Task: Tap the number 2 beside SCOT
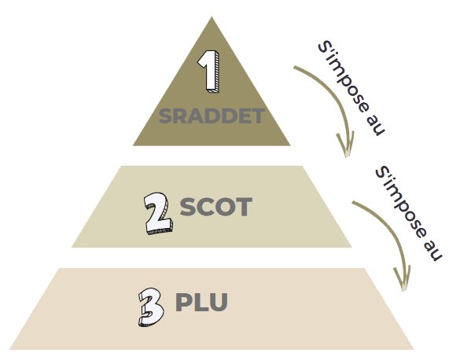pos(158,213)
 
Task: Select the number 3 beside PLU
pos(151,307)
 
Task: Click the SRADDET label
pos(212,116)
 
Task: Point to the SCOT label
pos(216,207)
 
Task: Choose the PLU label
pos(201,302)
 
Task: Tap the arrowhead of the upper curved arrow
pos(346,146)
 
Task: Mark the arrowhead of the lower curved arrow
pos(403,279)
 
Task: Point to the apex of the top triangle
pos(212,17)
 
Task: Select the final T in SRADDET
pos(256,116)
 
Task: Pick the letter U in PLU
pos(219,302)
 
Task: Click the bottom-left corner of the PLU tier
pos(9,349)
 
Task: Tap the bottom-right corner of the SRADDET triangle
pos(290,145)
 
